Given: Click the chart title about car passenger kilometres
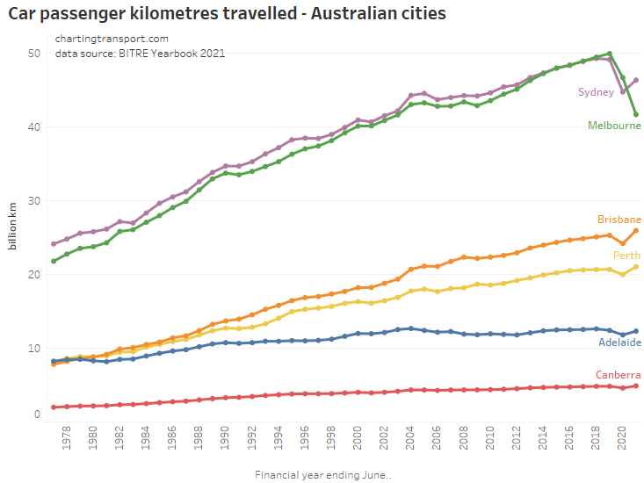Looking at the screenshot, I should pos(228,14).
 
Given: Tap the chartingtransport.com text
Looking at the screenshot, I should pos(112,39).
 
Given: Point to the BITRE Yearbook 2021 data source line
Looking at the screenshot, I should pos(140,53).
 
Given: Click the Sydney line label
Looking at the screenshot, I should pos(595,92).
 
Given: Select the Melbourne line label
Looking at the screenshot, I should pos(614,126).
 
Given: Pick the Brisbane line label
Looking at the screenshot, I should pos(619,220).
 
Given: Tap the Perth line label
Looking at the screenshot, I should pos(626,256).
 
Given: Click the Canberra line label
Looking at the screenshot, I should pos(618,375).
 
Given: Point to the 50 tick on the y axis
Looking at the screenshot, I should pos(34,54).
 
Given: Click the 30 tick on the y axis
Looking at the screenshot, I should pos(34,201).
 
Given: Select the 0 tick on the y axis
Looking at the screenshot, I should pos(38,415).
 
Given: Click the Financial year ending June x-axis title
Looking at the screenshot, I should pos(323,475).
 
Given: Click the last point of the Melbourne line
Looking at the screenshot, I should pos(635,114).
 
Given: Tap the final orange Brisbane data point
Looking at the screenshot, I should pos(635,231).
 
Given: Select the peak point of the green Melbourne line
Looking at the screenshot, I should pos(609,54).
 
